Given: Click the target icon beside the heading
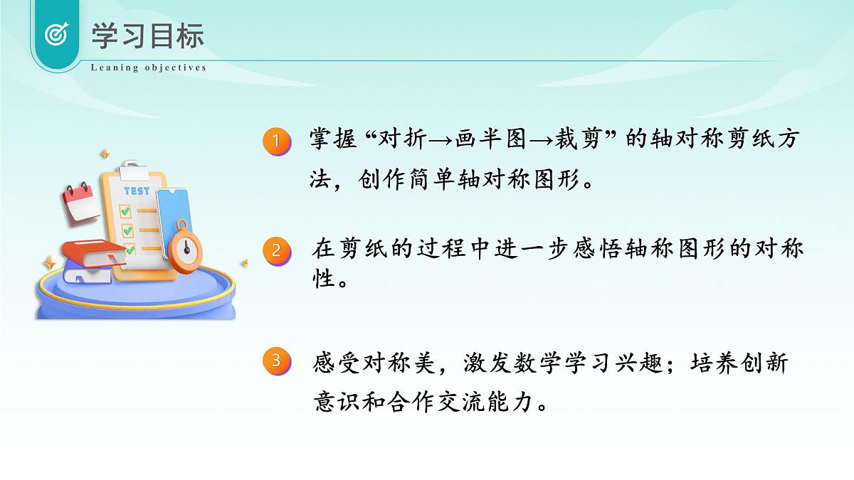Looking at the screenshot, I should pyautogui.click(x=56, y=34).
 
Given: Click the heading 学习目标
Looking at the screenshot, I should pyautogui.click(x=147, y=36).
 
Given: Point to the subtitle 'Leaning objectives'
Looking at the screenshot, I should pyautogui.click(x=149, y=68).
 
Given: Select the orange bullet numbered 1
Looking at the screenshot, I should pyautogui.click(x=277, y=141).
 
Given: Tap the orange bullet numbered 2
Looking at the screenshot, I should pyautogui.click(x=277, y=250).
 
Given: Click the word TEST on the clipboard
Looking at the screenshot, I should pyautogui.click(x=137, y=191).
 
